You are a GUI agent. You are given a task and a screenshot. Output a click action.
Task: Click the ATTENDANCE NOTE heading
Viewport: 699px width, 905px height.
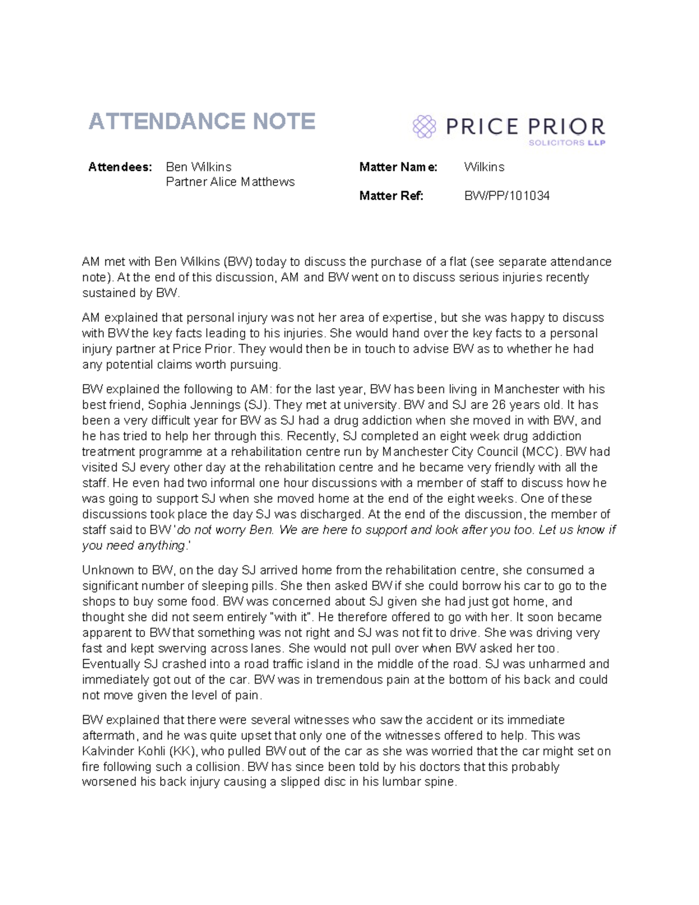tap(202, 121)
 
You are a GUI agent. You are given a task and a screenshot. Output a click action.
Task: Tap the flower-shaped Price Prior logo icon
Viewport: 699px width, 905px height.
tap(424, 126)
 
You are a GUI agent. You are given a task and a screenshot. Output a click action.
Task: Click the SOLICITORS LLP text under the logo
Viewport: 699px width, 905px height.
tap(566, 143)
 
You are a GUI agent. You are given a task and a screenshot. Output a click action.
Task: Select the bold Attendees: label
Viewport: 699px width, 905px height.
tap(120, 167)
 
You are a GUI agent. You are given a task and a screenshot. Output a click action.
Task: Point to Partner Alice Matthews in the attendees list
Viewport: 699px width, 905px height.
tap(230, 182)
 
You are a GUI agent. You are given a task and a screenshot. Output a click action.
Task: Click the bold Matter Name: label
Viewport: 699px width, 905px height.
tap(398, 167)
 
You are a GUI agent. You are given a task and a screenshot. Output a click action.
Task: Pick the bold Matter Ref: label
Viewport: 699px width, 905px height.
tap(391, 196)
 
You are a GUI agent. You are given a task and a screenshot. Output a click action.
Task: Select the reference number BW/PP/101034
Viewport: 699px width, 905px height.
tap(506, 196)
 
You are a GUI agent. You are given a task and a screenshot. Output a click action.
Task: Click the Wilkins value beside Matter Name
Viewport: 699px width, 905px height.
tap(483, 167)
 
